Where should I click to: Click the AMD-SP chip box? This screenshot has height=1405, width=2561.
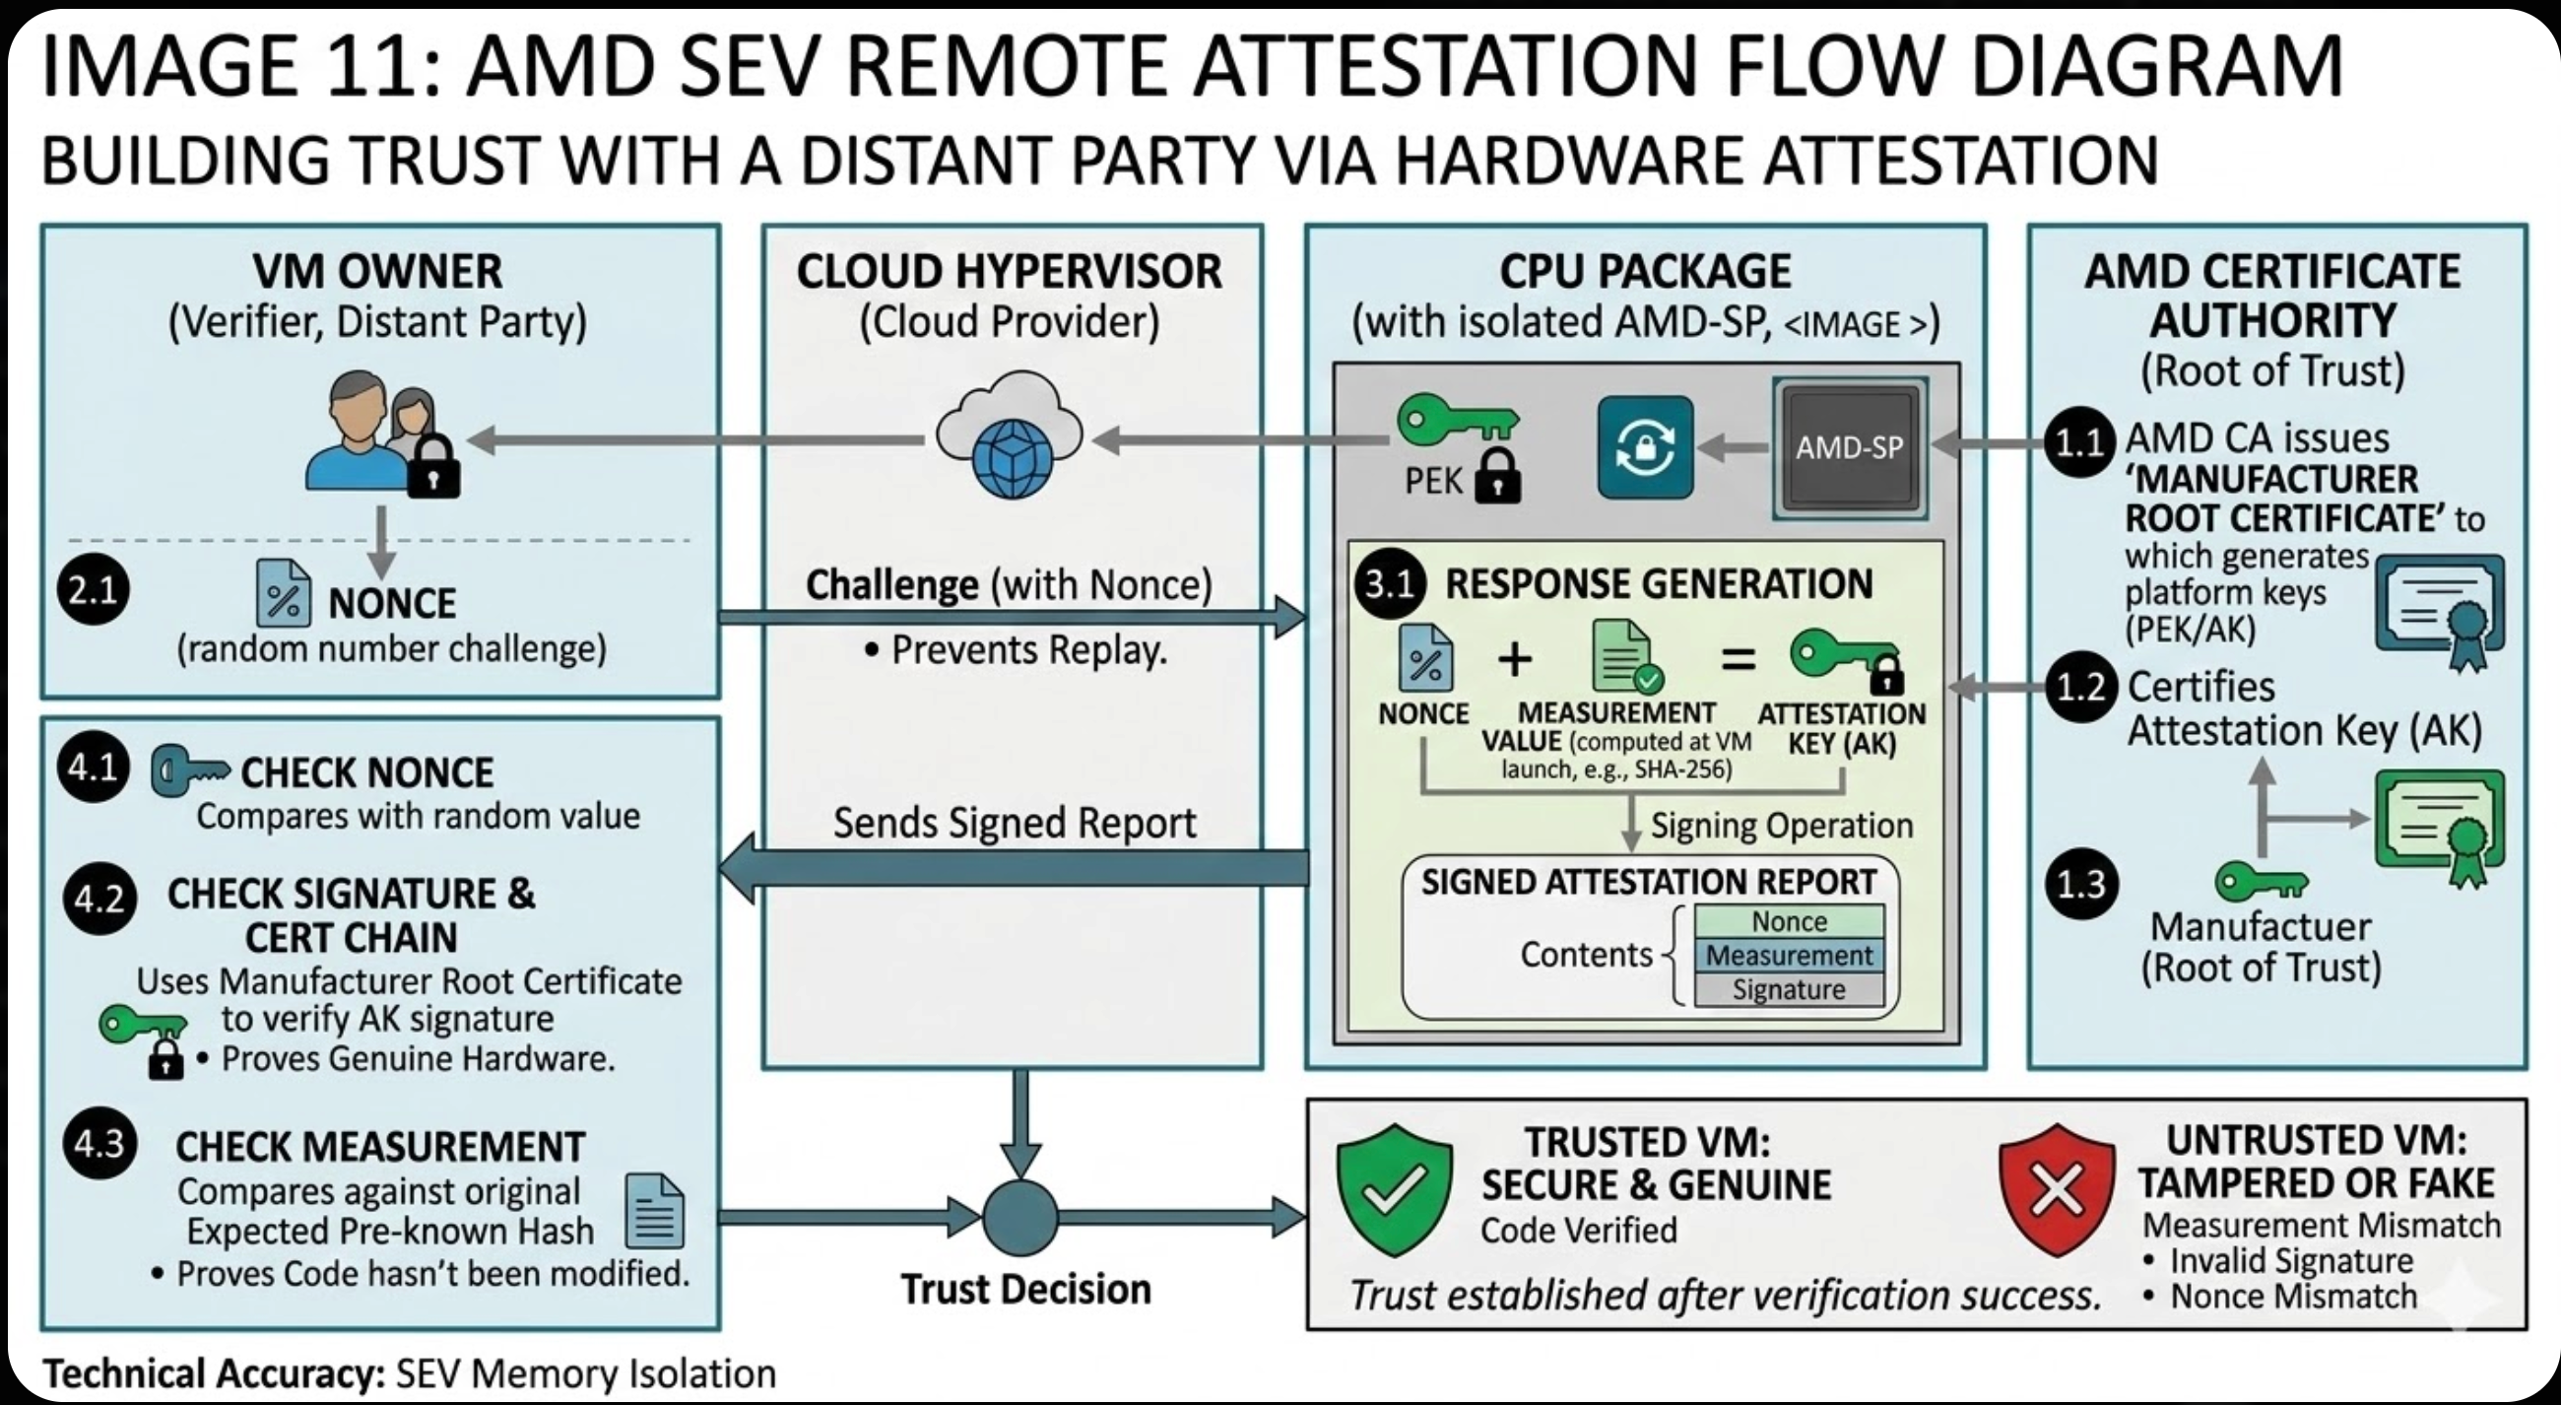pos(1849,447)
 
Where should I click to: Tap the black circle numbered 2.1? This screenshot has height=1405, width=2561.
pos(94,590)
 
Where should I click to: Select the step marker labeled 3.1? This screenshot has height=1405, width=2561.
pos(1389,583)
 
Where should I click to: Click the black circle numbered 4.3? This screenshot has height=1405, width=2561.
pos(99,1144)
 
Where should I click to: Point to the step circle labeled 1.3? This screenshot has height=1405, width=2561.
pos(2080,884)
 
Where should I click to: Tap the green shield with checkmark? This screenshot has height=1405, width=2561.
pos(1394,1187)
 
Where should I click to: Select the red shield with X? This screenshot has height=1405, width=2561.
pos(2056,1187)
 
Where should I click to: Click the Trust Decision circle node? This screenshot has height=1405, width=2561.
pos(1020,1217)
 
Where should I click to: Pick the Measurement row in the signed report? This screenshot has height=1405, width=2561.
pos(1789,956)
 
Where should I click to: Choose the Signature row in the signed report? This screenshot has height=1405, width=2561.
pos(1789,989)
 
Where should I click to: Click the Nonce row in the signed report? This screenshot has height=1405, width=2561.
pos(1789,922)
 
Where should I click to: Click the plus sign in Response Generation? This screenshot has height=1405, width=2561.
pos(1514,659)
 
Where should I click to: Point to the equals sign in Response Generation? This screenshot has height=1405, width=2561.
pos(1738,659)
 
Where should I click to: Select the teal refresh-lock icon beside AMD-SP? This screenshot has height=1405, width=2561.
pos(1644,447)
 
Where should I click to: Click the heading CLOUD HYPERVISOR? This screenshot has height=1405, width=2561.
pos(1009,272)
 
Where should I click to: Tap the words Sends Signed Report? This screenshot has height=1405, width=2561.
pos(1015,824)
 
